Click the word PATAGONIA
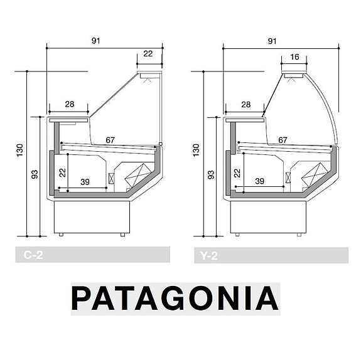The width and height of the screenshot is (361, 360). (x=175, y=299)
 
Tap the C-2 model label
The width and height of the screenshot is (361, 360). (x=33, y=255)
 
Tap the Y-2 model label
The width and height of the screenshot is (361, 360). (x=209, y=255)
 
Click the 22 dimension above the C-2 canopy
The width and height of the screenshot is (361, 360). (x=148, y=53)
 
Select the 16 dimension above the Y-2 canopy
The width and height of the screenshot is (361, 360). (x=294, y=56)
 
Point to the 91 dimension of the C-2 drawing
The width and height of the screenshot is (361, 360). (x=96, y=41)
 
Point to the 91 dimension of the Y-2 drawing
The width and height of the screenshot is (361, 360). (x=272, y=41)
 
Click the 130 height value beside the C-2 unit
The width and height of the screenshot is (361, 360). (x=20, y=151)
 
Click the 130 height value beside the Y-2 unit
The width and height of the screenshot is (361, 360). (x=196, y=151)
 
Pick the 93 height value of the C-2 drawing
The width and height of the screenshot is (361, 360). (x=35, y=174)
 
